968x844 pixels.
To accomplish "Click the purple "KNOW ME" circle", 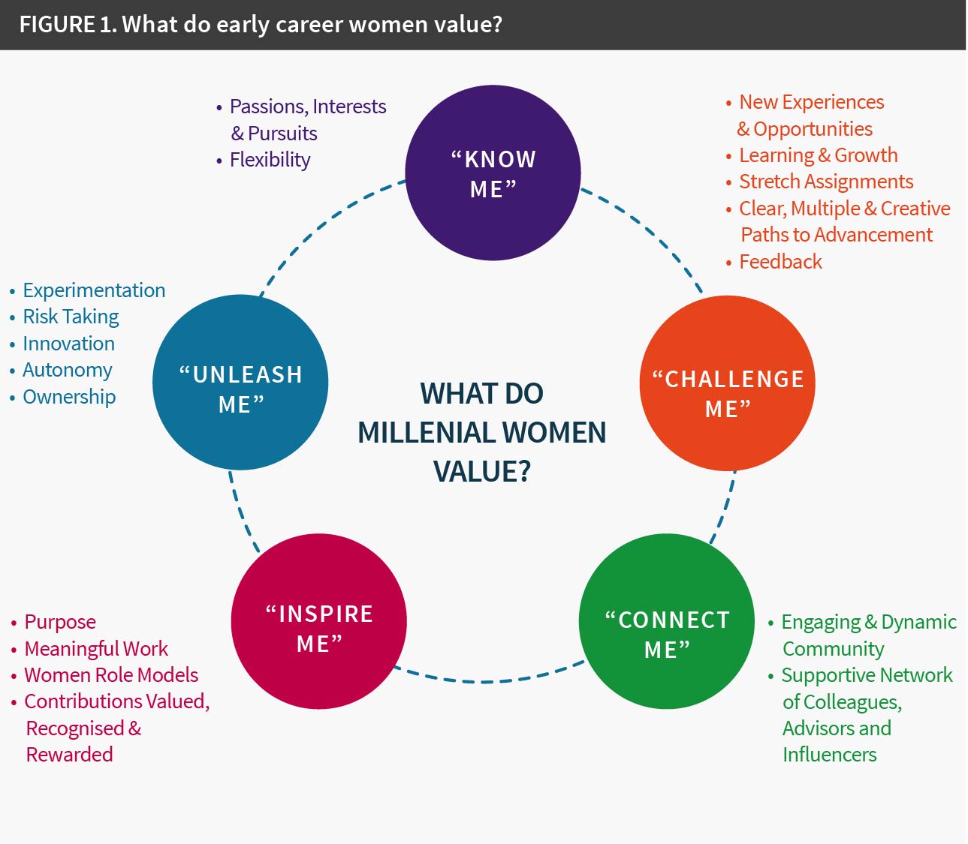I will [x=493, y=173].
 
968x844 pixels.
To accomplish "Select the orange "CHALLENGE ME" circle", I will [x=727, y=383].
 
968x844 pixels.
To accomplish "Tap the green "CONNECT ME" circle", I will [x=667, y=621].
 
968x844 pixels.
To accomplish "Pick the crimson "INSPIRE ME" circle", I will [x=319, y=621].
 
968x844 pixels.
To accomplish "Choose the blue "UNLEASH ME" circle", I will [x=240, y=383].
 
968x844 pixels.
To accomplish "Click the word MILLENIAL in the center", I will [x=426, y=433].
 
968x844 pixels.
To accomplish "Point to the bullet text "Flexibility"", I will [x=270, y=160].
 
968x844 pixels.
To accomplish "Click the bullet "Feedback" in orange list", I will [x=780, y=262].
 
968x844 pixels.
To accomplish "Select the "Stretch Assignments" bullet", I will [x=826, y=182].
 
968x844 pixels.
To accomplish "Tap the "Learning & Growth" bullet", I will [x=818, y=155].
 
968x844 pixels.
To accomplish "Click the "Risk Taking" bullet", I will [x=71, y=317].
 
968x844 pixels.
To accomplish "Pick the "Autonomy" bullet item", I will [x=68, y=370].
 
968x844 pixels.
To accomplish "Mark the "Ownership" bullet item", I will [x=69, y=397].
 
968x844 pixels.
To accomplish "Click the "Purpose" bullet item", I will [x=60, y=622].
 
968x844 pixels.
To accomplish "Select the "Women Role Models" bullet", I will [x=111, y=675].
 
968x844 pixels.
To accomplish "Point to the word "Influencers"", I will [x=829, y=755].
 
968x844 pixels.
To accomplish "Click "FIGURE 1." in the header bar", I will [x=68, y=25].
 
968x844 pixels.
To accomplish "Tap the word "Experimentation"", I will [x=94, y=290].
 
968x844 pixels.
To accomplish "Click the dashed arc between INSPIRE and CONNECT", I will [x=488, y=680].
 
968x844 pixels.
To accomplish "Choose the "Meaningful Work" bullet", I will [x=96, y=649].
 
